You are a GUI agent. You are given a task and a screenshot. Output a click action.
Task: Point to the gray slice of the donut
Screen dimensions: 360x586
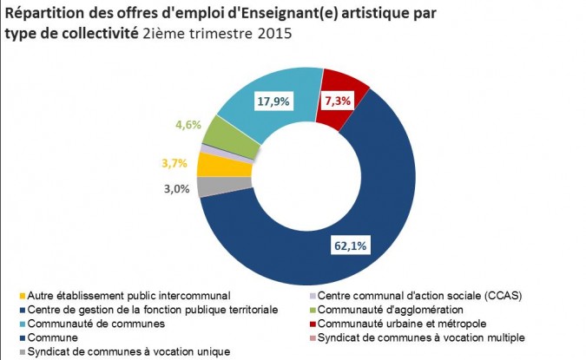[207, 186]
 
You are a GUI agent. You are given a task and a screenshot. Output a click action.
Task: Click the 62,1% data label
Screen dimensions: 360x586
[350, 245]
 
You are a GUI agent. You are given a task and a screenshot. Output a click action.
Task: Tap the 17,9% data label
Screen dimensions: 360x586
[273, 101]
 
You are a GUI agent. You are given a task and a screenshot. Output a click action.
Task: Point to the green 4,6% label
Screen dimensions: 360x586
[188, 125]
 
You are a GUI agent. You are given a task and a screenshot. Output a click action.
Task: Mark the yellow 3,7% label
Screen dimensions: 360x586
[174, 162]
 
